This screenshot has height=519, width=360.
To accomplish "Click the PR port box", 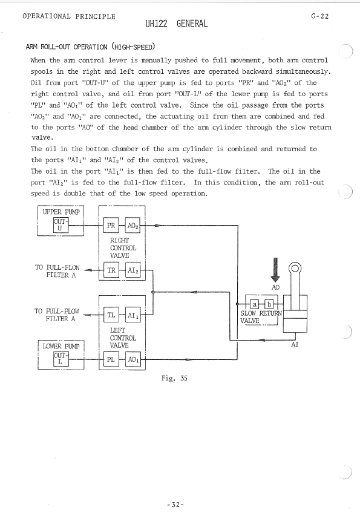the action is click(x=111, y=226).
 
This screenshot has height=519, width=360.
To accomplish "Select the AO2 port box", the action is click(x=133, y=226).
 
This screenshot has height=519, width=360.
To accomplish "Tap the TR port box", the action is click(x=111, y=270).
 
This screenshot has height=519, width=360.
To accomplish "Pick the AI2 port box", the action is click(x=133, y=270).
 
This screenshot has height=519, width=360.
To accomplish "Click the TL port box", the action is click(x=111, y=315).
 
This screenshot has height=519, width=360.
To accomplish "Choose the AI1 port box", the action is click(x=133, y=315).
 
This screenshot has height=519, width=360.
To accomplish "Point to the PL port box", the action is click(x=111, y=359).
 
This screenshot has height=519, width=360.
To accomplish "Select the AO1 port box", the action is click(x=133, y=359).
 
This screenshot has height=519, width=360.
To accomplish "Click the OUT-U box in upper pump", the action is click(x=61, y=225).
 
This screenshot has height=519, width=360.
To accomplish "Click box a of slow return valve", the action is click(x=254, y=304).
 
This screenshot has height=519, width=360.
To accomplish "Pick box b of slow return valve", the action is click(x=269, y=304).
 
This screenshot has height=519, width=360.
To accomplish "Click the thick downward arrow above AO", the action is click(x=275, y=270).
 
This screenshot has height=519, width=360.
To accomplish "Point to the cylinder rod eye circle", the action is click(x=295, y=268).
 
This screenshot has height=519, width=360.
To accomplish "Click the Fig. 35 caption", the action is click(x=174, y=378).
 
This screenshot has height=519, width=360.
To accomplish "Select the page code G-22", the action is click(x=320, y=16).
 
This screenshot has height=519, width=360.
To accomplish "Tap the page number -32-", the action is click(x=175, y=504).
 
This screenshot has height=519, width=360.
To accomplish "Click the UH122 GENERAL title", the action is click(x=177, y=24).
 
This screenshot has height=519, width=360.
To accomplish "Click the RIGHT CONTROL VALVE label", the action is click(x=123, y=248).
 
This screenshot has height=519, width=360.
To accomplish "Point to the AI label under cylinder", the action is click(x=295, y=345).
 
